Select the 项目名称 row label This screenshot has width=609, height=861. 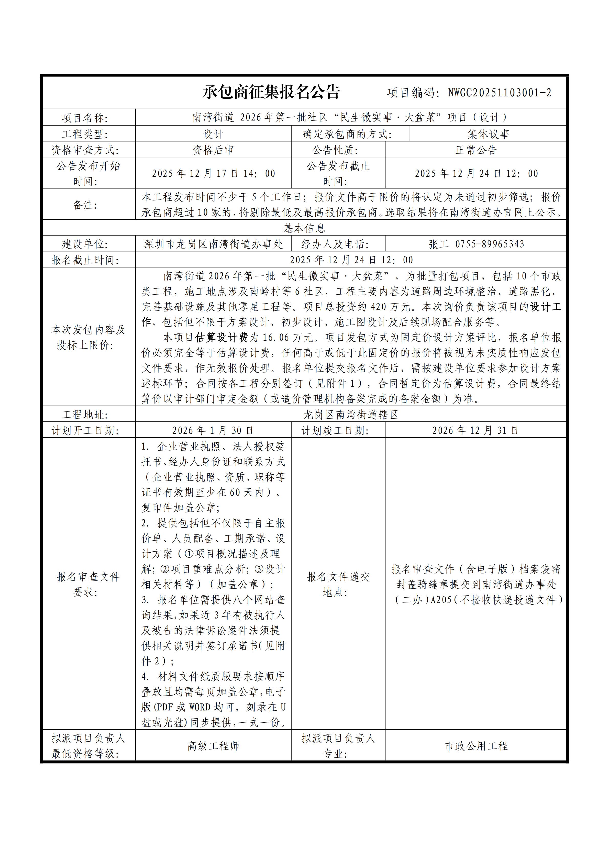point(85,118)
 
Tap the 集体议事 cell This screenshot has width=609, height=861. point(488,134)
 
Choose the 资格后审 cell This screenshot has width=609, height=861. point(213,150)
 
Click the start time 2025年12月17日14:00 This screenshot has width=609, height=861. point(213,173)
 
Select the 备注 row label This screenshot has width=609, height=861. point(85,205)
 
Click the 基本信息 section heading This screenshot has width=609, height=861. point(304,228)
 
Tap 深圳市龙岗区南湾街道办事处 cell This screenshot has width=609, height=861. point(213,244)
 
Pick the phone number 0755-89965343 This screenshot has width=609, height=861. point(490,244)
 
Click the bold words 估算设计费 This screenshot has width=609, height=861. point(222,338)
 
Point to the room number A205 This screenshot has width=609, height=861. point(441,600)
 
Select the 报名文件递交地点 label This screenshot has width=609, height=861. point(338,584)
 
